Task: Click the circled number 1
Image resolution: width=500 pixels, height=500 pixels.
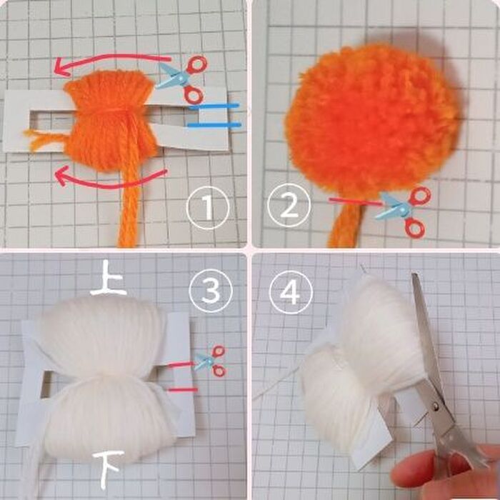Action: [x=208, y=208]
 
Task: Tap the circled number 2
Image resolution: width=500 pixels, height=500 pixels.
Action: [x=289, y=206]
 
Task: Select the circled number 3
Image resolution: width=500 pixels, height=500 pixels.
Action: [x=211, y=291]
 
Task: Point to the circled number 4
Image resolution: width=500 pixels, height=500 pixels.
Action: [x=291, y=292]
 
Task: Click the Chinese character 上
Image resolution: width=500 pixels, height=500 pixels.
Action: [x=108, y=279]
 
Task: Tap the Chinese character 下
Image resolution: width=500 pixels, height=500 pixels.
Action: [x=108, y=469]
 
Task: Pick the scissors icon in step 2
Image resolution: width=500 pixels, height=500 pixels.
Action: [x=404, y=211]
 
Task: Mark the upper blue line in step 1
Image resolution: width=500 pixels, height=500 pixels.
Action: [x=214, y=106]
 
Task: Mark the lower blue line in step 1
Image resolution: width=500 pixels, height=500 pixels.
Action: [x=214, y=125]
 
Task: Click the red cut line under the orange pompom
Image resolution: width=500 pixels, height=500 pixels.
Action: [x=356, y=201]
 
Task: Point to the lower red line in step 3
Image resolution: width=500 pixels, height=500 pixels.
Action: [x=183, y=390]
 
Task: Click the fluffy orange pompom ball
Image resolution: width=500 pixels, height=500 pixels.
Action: [x=372, y=121]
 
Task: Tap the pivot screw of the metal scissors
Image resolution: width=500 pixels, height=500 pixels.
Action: [x=436, y=406]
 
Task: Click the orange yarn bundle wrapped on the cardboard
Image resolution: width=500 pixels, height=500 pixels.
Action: [x=110, y=121]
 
